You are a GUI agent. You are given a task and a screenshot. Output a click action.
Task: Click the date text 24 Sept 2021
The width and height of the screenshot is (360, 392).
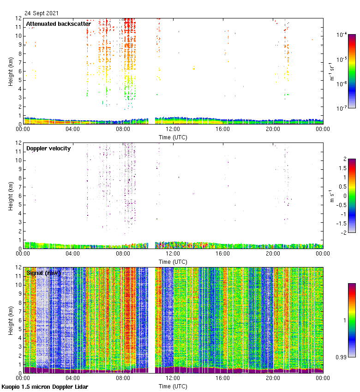coord(42,13)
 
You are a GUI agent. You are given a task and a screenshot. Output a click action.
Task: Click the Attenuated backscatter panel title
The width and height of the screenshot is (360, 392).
coord(58,24)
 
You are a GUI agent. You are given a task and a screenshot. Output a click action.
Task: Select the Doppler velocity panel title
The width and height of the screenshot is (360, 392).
coord(48,148)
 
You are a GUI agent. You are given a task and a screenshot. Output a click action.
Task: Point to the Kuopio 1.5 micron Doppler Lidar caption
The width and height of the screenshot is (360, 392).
coord(45,386)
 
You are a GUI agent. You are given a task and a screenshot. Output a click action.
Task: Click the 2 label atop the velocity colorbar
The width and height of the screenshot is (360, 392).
coord(344,159)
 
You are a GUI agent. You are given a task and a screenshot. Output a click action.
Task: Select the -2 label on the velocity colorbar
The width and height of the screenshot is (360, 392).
coord(343,232)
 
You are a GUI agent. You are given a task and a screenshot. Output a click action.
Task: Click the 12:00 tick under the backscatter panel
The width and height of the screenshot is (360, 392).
coord(173,129)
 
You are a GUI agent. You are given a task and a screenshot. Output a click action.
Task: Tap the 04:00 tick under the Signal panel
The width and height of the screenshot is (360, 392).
coord(73,378)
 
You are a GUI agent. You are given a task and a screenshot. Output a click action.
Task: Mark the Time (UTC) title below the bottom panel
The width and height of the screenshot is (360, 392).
coord(173,386)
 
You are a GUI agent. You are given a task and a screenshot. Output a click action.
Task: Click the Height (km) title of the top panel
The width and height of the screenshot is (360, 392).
coord(11,71)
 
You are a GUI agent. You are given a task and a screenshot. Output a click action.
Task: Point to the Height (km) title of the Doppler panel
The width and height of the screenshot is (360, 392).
coord(11,196)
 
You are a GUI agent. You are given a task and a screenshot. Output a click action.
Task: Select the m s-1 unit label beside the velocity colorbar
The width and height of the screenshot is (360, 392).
coord(332,196)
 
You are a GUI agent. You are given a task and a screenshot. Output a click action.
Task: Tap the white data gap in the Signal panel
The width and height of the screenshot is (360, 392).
coord(151,318)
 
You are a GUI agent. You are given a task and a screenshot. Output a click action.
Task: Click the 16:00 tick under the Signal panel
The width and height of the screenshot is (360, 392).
coord(222,378)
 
